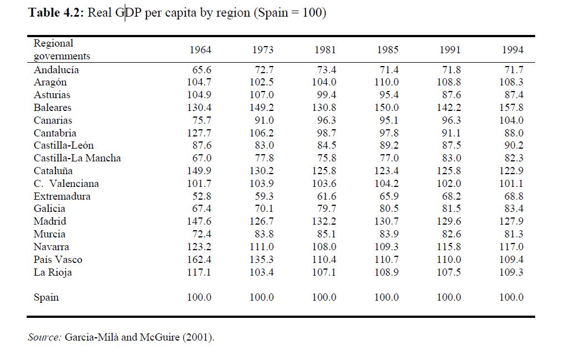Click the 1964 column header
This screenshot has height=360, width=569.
200,50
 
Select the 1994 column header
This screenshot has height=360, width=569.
512,50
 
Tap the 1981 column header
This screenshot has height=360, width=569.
325,50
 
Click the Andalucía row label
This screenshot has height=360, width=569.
56,70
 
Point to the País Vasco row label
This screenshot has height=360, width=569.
58,260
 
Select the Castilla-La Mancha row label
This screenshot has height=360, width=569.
77,158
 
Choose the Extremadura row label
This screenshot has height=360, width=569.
62,196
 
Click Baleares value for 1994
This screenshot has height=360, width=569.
511,108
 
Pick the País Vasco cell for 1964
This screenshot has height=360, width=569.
200,260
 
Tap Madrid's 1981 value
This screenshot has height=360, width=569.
324,221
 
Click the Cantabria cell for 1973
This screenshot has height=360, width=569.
262,133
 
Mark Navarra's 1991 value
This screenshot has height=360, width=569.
449,247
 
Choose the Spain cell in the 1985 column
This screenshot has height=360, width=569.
387,297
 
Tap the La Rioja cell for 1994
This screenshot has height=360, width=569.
511,272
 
